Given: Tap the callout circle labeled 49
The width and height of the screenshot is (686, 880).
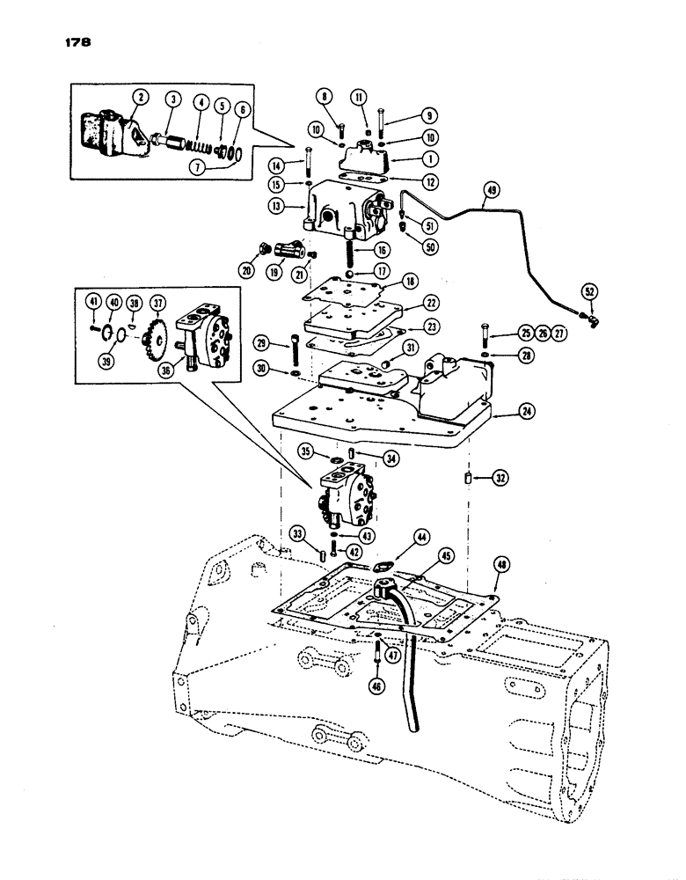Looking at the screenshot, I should (490, 187).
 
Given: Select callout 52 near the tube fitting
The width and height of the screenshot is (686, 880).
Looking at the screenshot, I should (589, 290).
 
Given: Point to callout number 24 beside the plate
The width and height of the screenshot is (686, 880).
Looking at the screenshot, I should (526, 412).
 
